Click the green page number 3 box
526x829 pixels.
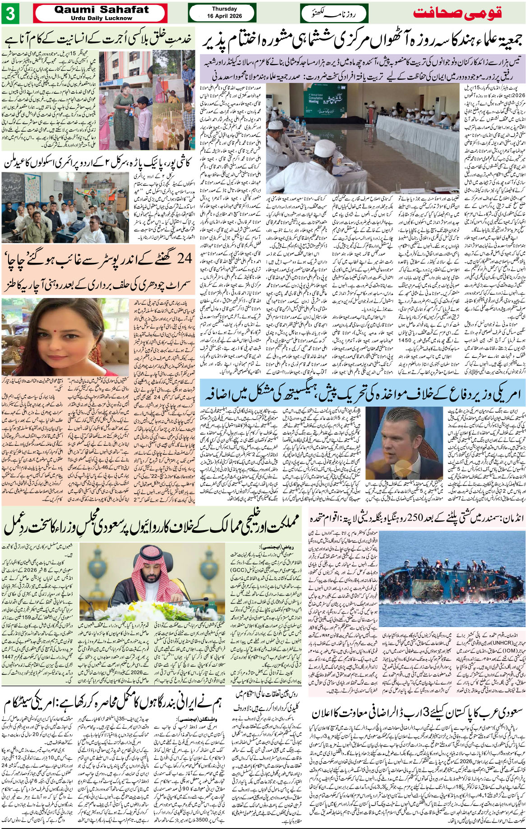(x=10, y=14)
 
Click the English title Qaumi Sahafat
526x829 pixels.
(x=101, y=9)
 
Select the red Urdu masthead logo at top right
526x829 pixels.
(x=457, y=13)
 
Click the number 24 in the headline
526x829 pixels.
(x=184, y=259)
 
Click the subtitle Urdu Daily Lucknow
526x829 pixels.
(x=101, y=18)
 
